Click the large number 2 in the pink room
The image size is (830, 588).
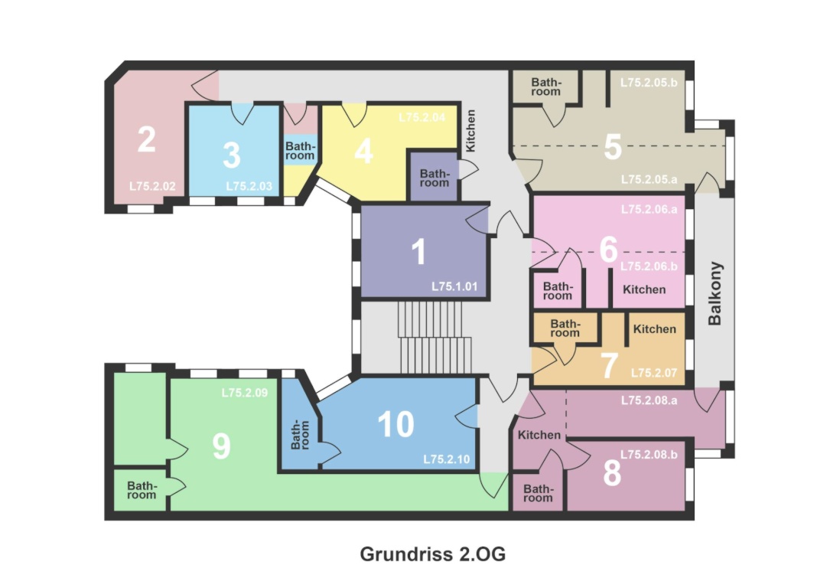(147, 139)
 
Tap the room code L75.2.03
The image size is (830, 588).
(249, 187)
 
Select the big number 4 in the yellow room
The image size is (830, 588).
(363, 151)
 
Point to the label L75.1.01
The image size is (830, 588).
(454, 286)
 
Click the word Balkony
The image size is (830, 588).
(714, 293)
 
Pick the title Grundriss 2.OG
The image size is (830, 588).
(432, 554)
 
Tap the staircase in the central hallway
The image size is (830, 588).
(434, 338)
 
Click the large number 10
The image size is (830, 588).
(396, 424)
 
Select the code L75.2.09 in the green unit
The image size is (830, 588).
(245, 393)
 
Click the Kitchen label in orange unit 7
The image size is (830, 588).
(655, 329)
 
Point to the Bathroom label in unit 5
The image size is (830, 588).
(545, 87)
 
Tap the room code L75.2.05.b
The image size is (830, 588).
(649, 83)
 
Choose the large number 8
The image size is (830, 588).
(612, 473)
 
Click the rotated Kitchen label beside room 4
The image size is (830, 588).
(470, 131)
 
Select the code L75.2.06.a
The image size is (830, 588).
(649, 209)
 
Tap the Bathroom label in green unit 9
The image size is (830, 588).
(142, 490)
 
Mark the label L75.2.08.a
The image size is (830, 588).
(649, 400)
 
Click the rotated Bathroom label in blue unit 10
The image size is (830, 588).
(301, 435)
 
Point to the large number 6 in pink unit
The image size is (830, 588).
(609, 249)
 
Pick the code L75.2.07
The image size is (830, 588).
(654, 373)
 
